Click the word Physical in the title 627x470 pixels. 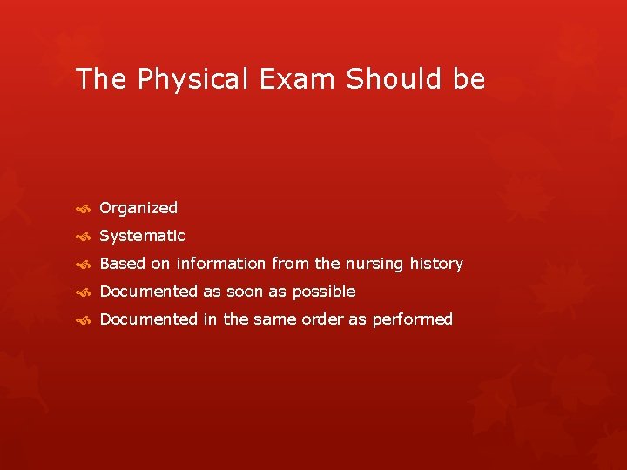click(x=183, y=80)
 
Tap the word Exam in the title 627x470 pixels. click(x=299, y=79)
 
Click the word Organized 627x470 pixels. click(x=138, y=208)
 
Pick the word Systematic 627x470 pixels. click(x=142, y=236)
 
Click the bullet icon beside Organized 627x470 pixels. click(x=83, y=209)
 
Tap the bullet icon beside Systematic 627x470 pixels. click(x=83, y=237)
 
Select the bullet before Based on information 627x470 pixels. click(x=83, y=265)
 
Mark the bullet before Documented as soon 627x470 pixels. click(x=83, y=292)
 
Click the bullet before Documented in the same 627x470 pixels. click(x=83, y=320)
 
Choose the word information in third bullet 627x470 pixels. click(x=221, y=264)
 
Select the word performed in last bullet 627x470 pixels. click(x=412, y=319)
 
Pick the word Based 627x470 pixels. click(x=122, y=264)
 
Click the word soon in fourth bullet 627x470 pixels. click(x=245, y=292)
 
